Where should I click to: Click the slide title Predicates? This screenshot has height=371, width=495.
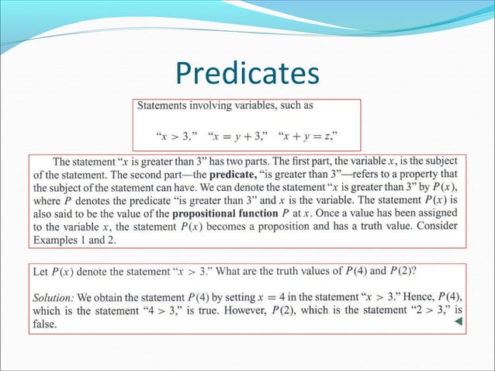(247, 74)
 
